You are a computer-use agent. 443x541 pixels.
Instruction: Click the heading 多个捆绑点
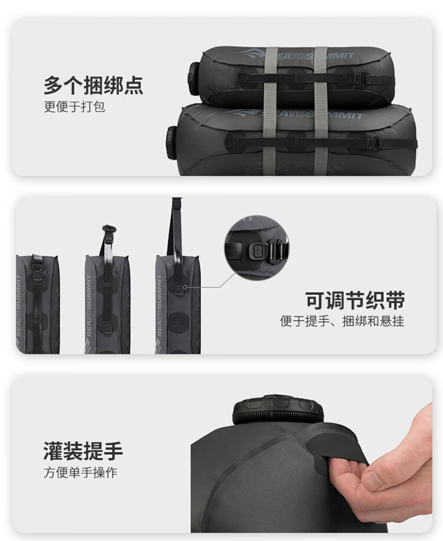(93, 85)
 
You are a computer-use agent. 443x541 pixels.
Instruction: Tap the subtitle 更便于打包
(74, 107)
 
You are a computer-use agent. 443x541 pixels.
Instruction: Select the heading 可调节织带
(355, 300)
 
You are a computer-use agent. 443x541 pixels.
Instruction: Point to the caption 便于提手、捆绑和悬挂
(342, 321)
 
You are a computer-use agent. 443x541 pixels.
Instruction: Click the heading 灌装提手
(83, 451)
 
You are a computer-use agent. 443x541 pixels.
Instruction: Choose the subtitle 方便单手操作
(80, 472)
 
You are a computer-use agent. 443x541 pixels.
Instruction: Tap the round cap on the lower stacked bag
(172, 141)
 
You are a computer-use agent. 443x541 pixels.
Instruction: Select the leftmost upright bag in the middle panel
(38, 304)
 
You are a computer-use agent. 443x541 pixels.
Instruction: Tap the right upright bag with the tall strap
(178, 304)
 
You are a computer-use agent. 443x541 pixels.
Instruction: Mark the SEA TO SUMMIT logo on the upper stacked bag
(296, 55)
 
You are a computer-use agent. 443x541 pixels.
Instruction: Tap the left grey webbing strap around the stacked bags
(271, 111)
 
